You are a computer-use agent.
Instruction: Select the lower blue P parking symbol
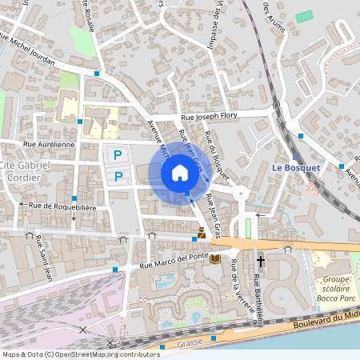click(x=118, y=176)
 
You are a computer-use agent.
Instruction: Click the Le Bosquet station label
click(x=296, y=168)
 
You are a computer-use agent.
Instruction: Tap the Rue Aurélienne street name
click(x=50, y=145)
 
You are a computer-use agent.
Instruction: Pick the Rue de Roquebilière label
click(x=62, y=206)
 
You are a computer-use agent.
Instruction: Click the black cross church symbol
click(x=260, y=262)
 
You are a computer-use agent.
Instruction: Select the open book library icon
click(x=214, y=258)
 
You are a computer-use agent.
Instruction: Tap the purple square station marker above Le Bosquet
click(x=296, y=157)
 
